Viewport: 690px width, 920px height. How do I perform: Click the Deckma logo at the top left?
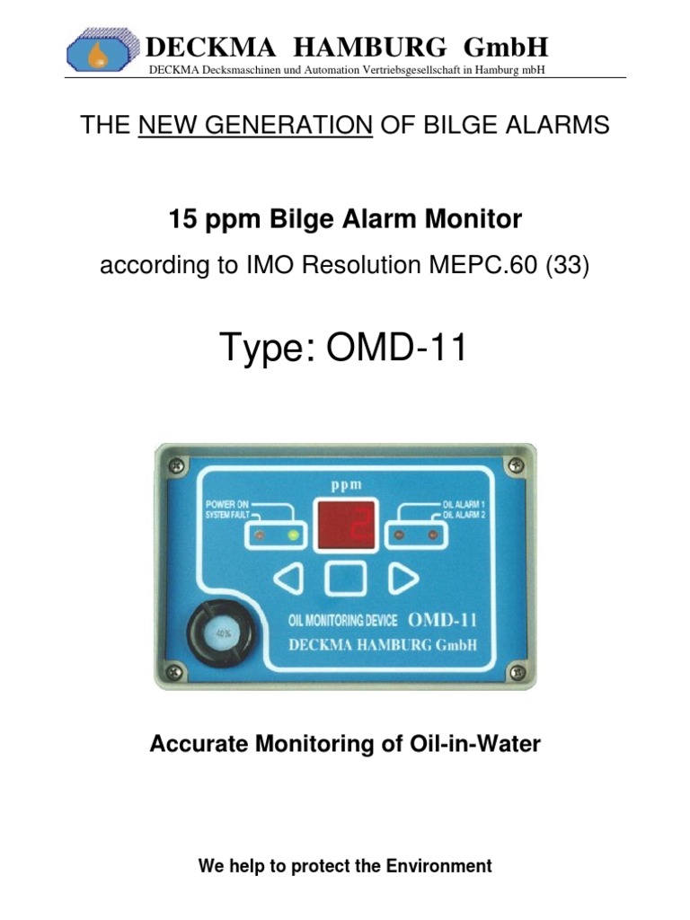(x=104, y=50)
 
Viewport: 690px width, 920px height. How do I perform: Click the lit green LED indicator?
(x=290, y=536)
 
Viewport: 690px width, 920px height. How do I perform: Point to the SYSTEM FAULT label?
(x=226, y=515)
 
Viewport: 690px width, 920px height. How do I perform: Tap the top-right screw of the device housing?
(x=515, y=464)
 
